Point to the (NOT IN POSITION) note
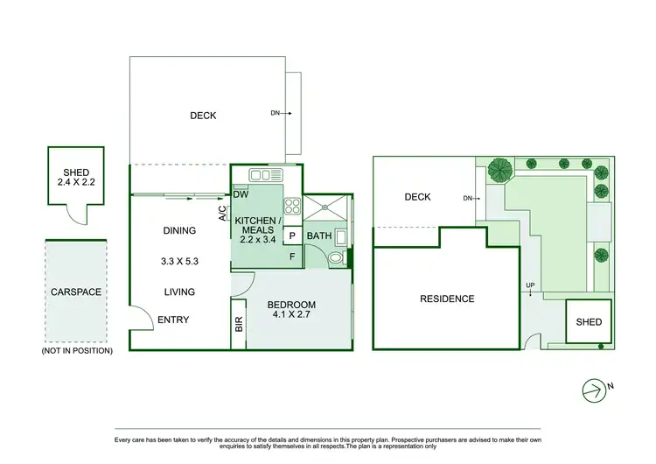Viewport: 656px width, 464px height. [77, 350]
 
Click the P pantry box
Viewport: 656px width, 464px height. [292, 236]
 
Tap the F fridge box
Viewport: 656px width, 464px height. [292, 257]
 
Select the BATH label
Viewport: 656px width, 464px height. [319, 236]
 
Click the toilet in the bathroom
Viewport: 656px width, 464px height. [334, 257]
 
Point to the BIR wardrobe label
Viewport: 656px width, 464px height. [239, 323]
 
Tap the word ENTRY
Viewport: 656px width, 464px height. [173, 320]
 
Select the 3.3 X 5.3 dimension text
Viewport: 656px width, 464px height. [178, 261]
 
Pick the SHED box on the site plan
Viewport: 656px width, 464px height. [589, 322]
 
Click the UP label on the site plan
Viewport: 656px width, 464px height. [530, 286]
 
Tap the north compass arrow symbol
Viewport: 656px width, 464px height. [595, 388]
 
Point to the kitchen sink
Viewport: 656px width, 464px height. [260, 174]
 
